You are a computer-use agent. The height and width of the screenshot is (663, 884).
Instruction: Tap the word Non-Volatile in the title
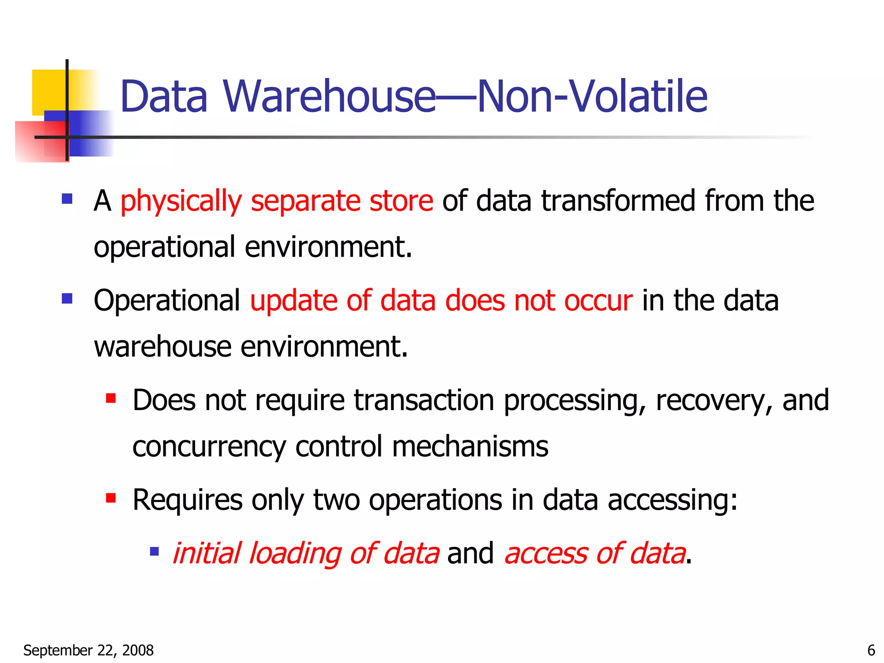click(x=592, y=97)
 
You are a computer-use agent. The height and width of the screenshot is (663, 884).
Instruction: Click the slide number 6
click(x=871, y=650)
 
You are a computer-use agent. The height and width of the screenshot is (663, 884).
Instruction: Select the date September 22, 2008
click(x=88, y=650)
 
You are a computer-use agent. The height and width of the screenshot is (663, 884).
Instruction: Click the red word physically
click(x=181, y=201)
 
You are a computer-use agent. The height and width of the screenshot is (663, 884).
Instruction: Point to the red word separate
click(x=305, y=201)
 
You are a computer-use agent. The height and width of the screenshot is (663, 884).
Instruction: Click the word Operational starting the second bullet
click(x=167, y=300)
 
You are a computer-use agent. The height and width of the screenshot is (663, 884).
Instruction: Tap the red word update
click(x=293, y=300)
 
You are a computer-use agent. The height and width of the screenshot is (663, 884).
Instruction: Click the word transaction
click(x=424, y=400)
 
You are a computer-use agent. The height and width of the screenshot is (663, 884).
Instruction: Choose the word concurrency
click(x=209, y=447)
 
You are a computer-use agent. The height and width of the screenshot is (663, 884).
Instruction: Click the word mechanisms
click(x=470, y=447)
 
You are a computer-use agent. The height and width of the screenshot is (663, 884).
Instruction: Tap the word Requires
click(x=187, y=500)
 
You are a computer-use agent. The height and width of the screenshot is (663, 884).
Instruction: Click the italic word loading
click(x=295, y=553)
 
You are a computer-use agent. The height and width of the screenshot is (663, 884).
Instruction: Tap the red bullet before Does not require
click(x=111, y=398)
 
